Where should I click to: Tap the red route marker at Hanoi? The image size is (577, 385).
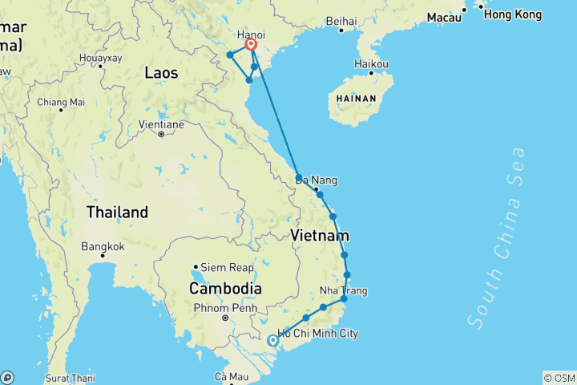coord(251,46)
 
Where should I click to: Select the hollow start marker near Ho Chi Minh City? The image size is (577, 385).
coord(272,340)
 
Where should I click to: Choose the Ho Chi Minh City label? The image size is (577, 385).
coord(317,334)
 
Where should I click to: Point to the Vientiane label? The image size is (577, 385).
coord(161,124)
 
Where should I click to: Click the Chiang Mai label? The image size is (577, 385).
coord(61,102)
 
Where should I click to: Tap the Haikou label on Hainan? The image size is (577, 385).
coord(371,63)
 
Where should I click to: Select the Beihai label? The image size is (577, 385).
coord(341,21)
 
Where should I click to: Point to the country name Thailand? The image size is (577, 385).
coord(118,213)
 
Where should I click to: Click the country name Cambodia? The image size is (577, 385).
coord(225,288)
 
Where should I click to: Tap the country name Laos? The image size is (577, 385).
coord(161,73)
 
